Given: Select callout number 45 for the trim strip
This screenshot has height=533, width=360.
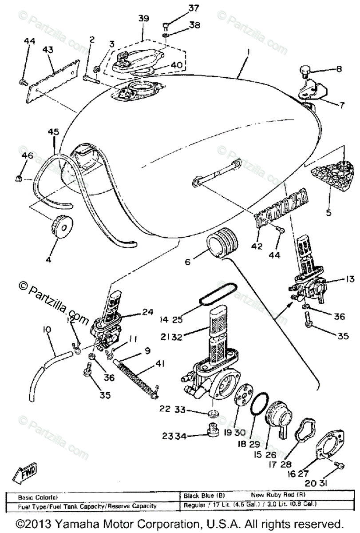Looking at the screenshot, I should [x=53, y=131].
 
